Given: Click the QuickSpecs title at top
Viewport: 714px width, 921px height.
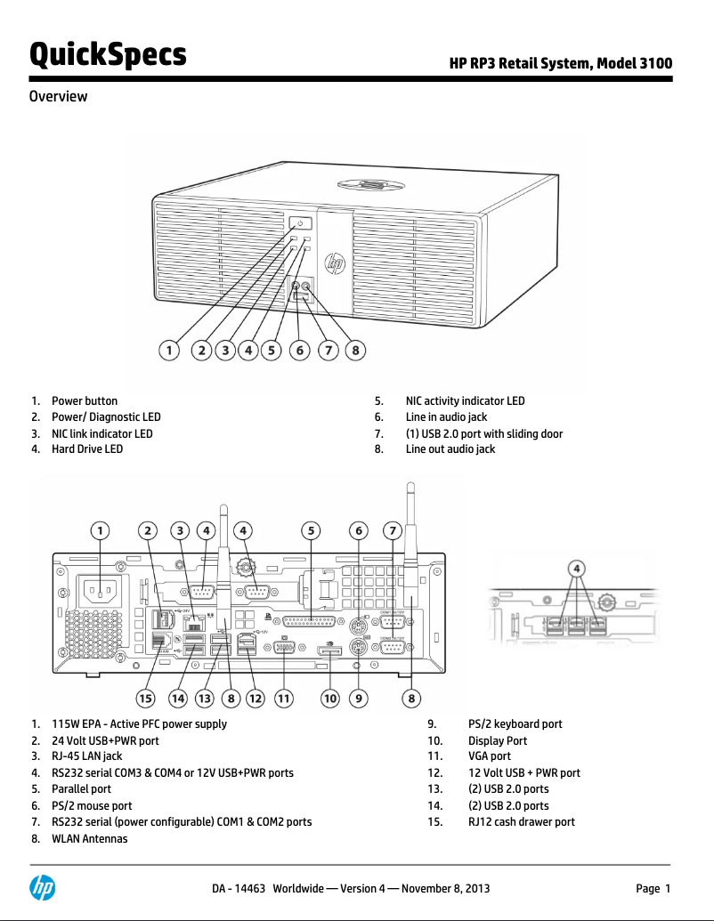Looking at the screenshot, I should point(108,55).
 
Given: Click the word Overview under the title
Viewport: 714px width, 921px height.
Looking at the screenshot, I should point(58,96).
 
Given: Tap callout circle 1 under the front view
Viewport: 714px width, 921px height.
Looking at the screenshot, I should point(168,351).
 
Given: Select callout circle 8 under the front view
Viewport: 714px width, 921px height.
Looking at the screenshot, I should point(355,351).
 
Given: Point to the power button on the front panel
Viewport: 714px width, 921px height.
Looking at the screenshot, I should point(300,223).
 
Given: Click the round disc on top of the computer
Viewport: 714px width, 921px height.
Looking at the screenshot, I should point(369,186).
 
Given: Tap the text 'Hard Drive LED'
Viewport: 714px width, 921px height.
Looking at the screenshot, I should point(87,449).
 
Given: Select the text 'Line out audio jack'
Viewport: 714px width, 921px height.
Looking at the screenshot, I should point(450,449).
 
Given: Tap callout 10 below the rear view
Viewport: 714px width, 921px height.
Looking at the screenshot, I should point(330,699).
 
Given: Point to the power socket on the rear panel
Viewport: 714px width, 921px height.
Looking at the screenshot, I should point(100,592).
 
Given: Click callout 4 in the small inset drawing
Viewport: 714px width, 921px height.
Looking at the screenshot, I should point(577,568).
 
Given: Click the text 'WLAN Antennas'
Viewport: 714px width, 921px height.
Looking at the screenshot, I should point(89,838).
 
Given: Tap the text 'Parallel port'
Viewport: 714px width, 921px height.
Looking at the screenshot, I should point(81,789).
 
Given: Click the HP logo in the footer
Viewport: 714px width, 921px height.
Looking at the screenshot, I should point(42,888).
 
